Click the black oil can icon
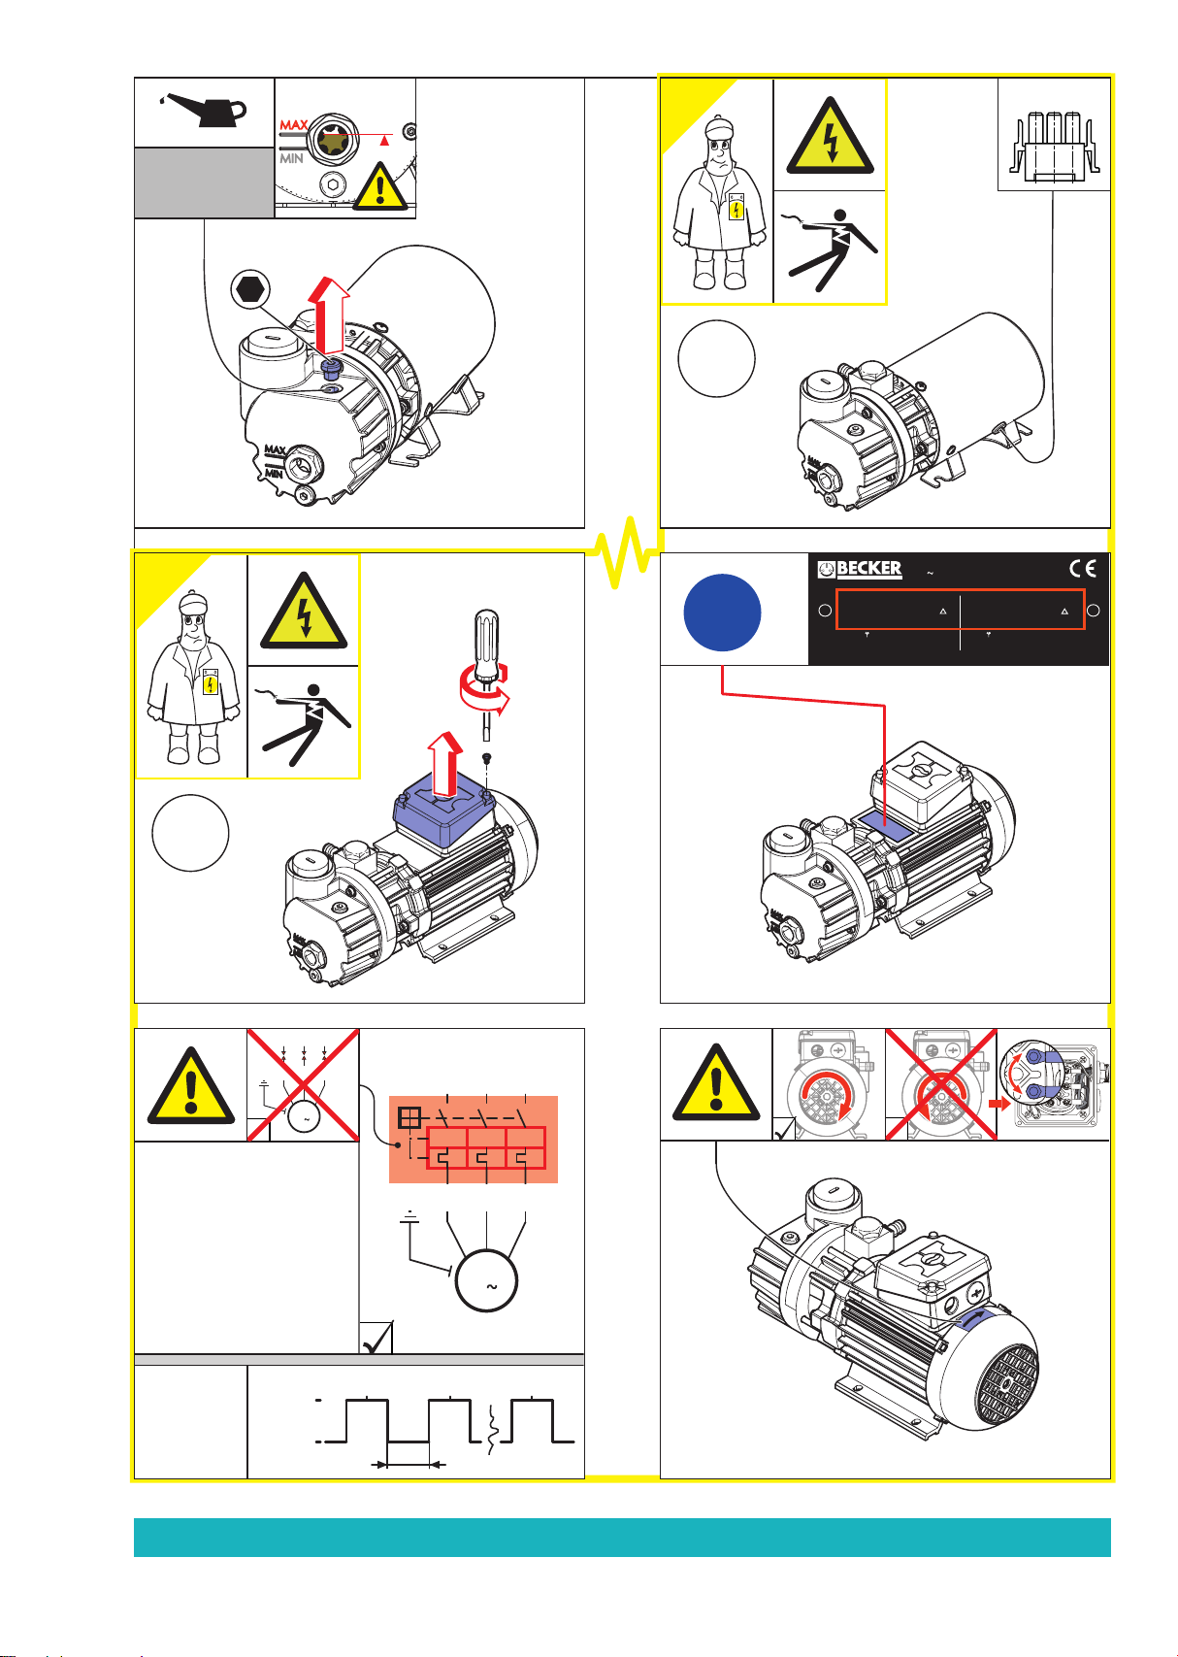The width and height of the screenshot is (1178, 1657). click(205, 111)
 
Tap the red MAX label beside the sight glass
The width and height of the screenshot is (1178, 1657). click(294, 126)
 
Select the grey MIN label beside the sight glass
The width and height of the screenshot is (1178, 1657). click(291, 158)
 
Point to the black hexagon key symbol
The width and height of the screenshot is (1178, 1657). click(250, 288)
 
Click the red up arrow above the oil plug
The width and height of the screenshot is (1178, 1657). click(328, 315)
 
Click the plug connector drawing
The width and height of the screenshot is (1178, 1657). click(1054, 148)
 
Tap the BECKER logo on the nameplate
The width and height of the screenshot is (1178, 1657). click(860, 569)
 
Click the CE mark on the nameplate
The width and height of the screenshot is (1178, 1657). click(1083, 569)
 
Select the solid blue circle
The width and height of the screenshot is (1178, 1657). click(722, 613)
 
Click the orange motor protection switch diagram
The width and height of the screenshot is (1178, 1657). click(474, 1140)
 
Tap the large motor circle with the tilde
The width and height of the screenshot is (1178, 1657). click(486, 1280)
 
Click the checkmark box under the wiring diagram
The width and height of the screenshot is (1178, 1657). click(376, 1338)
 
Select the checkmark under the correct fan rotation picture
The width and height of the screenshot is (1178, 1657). click(784, 1129)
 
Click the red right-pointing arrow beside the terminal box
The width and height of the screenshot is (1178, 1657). click(999, 1103)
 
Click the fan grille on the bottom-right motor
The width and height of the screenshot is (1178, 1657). click(1007, 1384)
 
